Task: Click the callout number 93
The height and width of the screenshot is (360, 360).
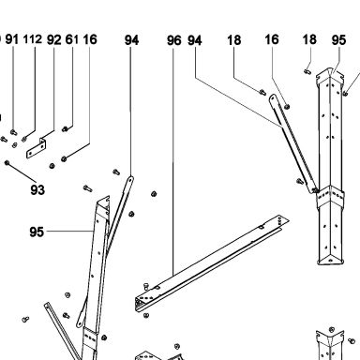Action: click(x=37, y=189)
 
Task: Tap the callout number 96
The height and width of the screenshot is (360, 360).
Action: click(x=173, y=40)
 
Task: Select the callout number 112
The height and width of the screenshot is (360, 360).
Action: click(x=33, y=39)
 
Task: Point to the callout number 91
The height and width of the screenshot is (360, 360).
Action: click(x=12, y=39)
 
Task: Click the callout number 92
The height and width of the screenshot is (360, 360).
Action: click(x=54, y=40)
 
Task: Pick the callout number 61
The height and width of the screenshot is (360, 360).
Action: click(x=72, y=39)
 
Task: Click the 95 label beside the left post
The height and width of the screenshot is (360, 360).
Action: click(x=37, y=232)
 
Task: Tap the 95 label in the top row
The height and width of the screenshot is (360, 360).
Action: click(x=338, y=40)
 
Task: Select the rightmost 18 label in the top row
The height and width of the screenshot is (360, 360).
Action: click(x=309, y=39)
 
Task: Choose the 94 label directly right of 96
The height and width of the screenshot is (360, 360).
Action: click(x=195, y=40)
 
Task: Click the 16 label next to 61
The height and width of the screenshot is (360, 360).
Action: click(x=90, y=39)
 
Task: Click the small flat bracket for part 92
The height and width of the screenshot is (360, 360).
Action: click(x=37, y=148)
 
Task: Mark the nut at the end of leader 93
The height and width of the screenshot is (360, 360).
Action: click(x=7, y=162)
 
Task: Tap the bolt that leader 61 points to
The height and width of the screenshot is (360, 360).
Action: click(x=65, y=128)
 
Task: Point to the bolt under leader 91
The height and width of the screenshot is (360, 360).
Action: click(x=13, y=132)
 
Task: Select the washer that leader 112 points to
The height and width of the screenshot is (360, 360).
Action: click(x=24, y=139)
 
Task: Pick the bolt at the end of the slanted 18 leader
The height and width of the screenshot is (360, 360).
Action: click(x=262, y=92)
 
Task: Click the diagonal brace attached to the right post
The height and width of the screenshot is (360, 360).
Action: click(x=293, y=143)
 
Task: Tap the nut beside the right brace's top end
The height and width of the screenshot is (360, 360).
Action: click(x=287, y=107)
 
